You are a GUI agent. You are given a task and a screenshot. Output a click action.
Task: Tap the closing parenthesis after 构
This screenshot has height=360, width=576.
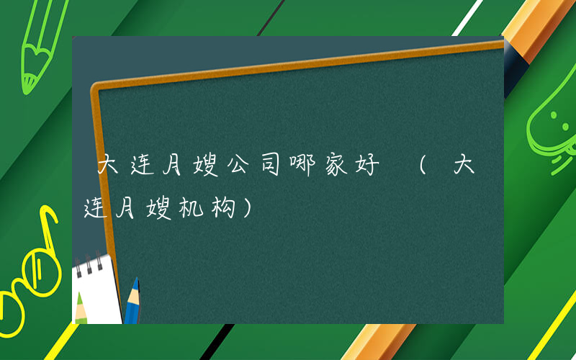[x=249, y=210]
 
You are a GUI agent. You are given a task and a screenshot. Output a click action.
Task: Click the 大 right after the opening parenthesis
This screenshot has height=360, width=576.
[x=465, y=167]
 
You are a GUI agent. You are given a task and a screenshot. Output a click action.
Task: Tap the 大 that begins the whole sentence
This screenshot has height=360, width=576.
[x=108, y=167]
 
